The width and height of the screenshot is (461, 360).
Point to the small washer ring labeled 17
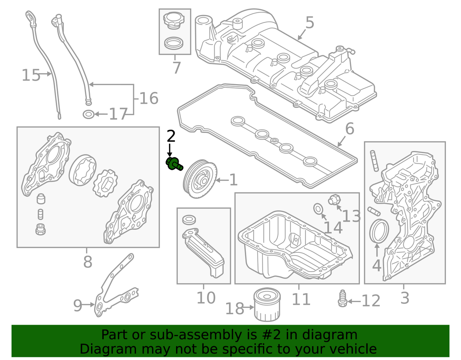(x=88, y=114)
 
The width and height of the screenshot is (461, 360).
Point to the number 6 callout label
(x=349, y=129)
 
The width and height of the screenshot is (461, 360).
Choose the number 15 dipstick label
(x=31, y=75)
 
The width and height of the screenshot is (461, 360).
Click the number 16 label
(x=148, y=98)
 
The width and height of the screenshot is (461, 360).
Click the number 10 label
(x=206, y=298)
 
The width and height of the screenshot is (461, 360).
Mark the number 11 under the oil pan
(x=301, y=299)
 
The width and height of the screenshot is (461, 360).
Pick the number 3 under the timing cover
(x=405, y=298)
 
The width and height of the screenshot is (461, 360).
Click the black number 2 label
(x=171, y=136)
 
